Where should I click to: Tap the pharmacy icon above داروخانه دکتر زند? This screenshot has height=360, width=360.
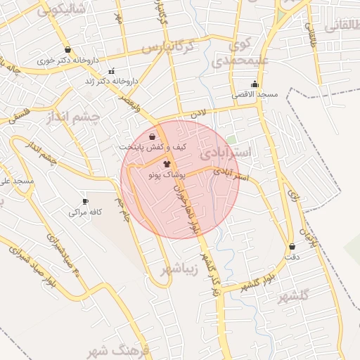pyautogui.click(x=111, y=72)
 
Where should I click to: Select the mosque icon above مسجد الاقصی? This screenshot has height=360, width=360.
pyautogui.click(x=255, y=84)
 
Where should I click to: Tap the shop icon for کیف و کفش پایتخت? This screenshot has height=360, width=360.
pyautogui.click(x=153, y=136)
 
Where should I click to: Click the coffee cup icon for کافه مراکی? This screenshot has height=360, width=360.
pyautogui.click(x=86, y=201)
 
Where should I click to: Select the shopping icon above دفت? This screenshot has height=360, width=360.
pyautogui.click(x=292, y=247)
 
